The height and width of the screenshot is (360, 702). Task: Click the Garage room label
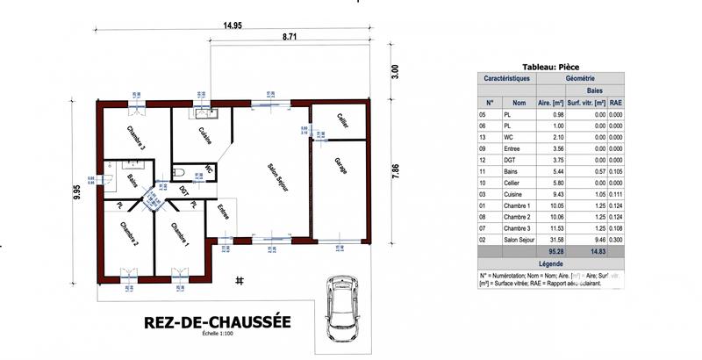[x=339, y=165]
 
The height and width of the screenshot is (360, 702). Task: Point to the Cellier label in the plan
[x=342, y=123]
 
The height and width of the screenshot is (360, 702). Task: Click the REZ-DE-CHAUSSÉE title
[x=216, y=322]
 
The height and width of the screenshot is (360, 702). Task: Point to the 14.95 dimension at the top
[x=232, y=25]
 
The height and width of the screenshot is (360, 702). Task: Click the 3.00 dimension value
[x=395, y=71]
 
